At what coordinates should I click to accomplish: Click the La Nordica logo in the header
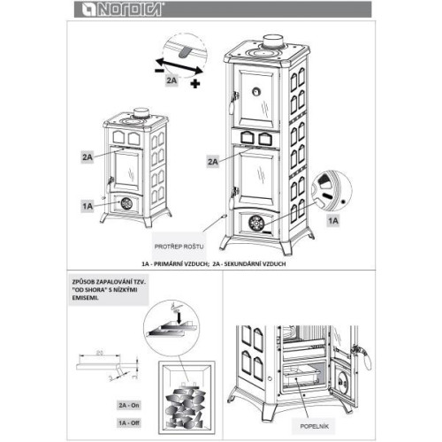pos(103,11)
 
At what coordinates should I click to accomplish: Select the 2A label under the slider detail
pos(173,80)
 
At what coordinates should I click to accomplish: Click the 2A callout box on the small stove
pos(87,156)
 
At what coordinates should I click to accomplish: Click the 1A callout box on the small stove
pos(87,205)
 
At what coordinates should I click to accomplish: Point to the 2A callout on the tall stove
pos(213,162)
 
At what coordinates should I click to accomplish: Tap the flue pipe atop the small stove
pos(139,111)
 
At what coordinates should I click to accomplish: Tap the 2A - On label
pos(129,401)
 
